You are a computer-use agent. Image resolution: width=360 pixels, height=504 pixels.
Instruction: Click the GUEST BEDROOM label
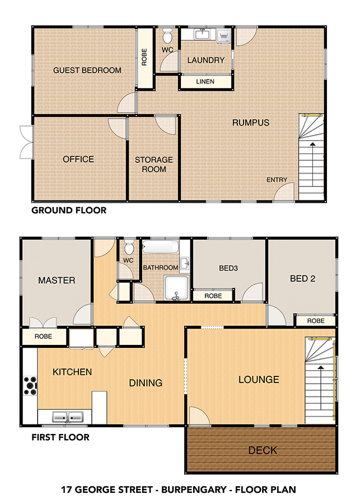pos(87,70)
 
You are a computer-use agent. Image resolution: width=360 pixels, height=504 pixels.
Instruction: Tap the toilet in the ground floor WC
pos(167,35)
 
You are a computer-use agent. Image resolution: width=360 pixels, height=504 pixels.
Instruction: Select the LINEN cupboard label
pos(205,82)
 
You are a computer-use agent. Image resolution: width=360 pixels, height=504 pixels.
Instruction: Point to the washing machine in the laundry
pos(224,36)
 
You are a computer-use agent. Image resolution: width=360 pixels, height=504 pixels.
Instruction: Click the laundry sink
pos(203,34)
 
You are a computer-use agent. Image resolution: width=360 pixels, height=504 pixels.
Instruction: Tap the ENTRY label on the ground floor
pos(277,180)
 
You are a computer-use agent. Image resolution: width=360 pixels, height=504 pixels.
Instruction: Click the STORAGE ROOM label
pos(154,164)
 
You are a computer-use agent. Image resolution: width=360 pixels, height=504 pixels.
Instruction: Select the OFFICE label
pos(78,159)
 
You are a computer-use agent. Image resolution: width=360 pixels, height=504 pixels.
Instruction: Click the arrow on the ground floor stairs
pos(312,164)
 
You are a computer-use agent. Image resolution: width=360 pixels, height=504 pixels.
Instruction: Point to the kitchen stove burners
pos(30,385)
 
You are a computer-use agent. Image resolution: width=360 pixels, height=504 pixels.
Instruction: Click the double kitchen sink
pos(68,417)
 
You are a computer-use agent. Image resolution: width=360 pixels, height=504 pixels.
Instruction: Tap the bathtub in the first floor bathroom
pos(160,246)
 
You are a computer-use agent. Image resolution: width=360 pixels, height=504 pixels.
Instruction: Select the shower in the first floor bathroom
pos(176,288)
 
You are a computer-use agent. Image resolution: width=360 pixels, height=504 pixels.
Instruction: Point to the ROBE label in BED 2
pos(316,321)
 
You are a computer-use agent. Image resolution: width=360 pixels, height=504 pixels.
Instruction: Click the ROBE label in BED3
pos(213,296)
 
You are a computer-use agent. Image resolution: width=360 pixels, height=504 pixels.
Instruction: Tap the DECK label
pos(263,450)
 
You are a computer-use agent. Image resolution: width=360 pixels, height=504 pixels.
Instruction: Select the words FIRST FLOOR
pos(60,437)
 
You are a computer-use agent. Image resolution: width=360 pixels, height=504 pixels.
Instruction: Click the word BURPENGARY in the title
pos(194,489)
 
